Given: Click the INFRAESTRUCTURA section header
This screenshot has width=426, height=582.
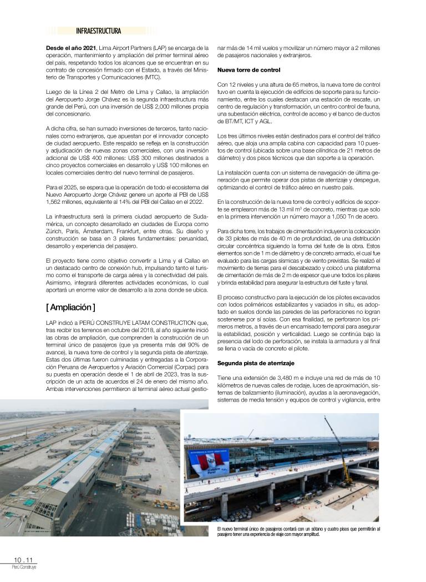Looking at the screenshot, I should pyautogui.click(x=99, y=31).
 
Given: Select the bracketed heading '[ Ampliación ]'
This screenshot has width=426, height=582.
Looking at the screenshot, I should pyautogui.click(x=70, y=307).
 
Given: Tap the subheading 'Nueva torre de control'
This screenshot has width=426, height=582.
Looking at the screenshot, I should pyautogui.click(x=248, y=70).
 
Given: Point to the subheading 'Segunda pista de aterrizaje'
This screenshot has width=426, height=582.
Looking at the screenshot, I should pyautogui.click(x=256, y=363).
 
